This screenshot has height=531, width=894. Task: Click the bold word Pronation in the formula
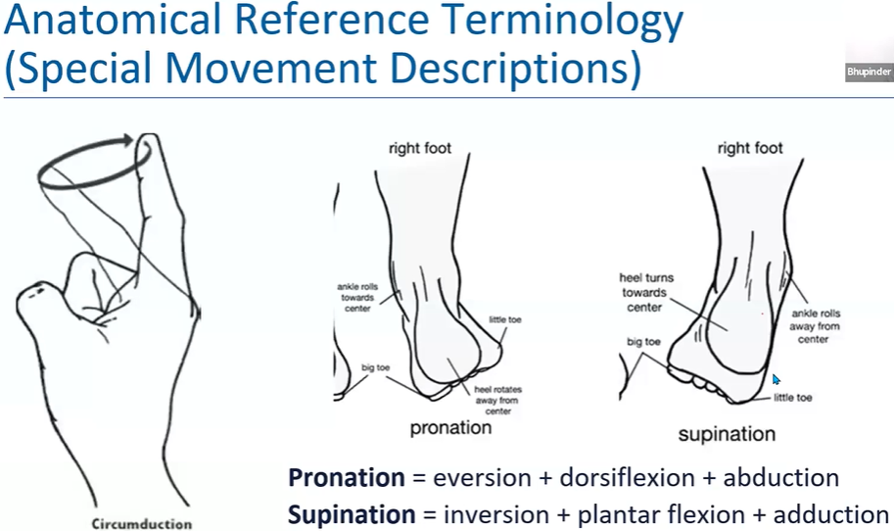[346, 478]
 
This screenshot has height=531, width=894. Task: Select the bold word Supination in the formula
[352, 514]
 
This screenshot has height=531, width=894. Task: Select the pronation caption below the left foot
[450, 428]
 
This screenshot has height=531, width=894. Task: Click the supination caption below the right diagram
[727, 433]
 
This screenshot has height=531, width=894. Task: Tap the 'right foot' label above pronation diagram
[419, 149]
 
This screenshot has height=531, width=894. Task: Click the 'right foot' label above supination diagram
[750, 149]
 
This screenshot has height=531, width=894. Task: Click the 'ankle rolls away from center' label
[816, 326]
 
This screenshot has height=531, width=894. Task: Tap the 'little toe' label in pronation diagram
[510, 320]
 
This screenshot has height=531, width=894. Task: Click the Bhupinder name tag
[869, 72]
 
